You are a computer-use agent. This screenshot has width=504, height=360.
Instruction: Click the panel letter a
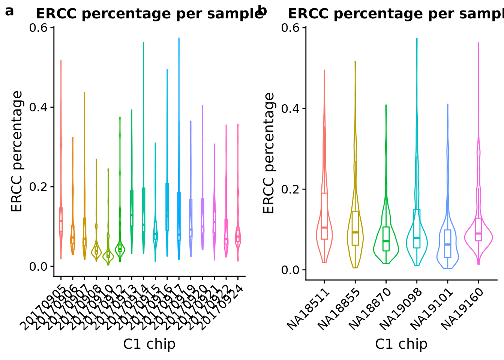pos(9,11)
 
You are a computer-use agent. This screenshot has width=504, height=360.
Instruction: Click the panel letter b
pos(262,11)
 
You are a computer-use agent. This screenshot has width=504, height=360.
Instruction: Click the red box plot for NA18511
pos(324,216)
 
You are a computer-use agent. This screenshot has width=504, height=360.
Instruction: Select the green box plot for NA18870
pos(386,239)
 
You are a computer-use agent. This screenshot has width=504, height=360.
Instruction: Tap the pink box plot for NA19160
pos(478,229)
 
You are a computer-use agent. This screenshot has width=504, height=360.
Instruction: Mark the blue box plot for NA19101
pos(447,244)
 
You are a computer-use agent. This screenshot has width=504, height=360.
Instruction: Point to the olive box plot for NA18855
pos(355,228)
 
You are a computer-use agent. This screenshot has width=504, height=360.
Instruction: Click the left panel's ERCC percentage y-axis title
pos(17,151)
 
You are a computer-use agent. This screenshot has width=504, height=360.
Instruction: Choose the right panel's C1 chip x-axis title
pos(401,344)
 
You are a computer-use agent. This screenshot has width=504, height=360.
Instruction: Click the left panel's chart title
pos(149,14)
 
